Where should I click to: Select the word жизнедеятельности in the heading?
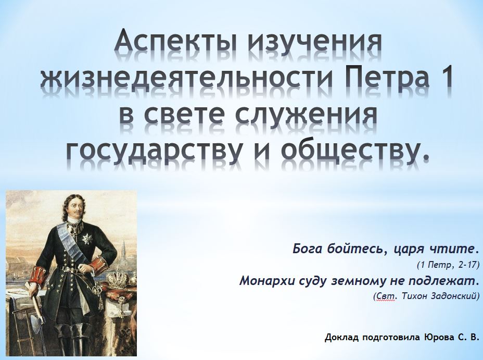pos(187,78)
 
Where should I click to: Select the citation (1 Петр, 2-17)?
pos(448,265)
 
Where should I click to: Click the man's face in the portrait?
pos(75,210)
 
